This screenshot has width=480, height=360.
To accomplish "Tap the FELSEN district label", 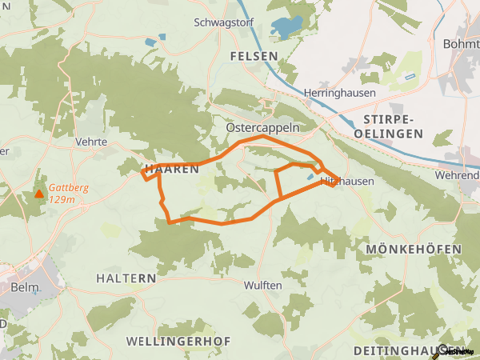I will point(253,56).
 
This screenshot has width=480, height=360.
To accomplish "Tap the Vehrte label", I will point(90,141).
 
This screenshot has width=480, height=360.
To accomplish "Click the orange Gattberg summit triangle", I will point(38,194).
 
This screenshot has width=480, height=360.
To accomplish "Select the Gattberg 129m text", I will point(68,194).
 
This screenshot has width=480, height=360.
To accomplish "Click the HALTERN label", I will point(126,278).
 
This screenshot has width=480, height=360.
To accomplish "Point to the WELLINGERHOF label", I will point(178,342).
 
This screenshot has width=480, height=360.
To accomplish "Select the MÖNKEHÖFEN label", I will point(414,250).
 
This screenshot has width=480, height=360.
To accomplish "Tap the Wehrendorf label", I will point(459,174).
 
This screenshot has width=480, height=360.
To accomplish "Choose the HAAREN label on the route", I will point(171,170).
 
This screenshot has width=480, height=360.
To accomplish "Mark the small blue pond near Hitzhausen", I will point(310,177).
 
